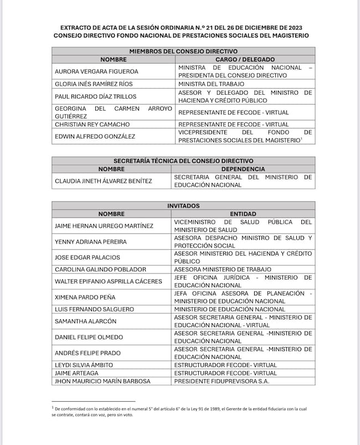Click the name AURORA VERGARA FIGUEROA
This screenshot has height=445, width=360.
pos(96,71)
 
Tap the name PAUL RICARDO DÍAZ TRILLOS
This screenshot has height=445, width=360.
pos(95,96)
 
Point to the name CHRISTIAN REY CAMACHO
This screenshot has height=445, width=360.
pos(92,125)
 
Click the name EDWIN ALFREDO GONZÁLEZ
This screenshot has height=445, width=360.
pos(95,136)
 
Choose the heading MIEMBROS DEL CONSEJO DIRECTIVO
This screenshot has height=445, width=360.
pos(183,51)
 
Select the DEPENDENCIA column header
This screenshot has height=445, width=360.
pos(243,169)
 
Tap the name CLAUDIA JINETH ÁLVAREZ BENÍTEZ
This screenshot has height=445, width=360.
pos(103,181)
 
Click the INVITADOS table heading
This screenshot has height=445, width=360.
pos(183,205)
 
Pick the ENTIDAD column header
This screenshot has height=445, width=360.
pos(243,213)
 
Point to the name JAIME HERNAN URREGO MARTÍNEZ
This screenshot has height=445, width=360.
pos(104,225)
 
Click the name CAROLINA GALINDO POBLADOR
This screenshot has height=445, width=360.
pos(100,270)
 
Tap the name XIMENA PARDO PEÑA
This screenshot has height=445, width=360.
pos(85,297)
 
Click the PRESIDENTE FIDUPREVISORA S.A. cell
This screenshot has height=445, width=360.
pos(222,381)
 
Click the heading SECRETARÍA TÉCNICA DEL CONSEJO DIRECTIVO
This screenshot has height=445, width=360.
pos(183,161)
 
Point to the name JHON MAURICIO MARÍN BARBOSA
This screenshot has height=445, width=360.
pos(102,381)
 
